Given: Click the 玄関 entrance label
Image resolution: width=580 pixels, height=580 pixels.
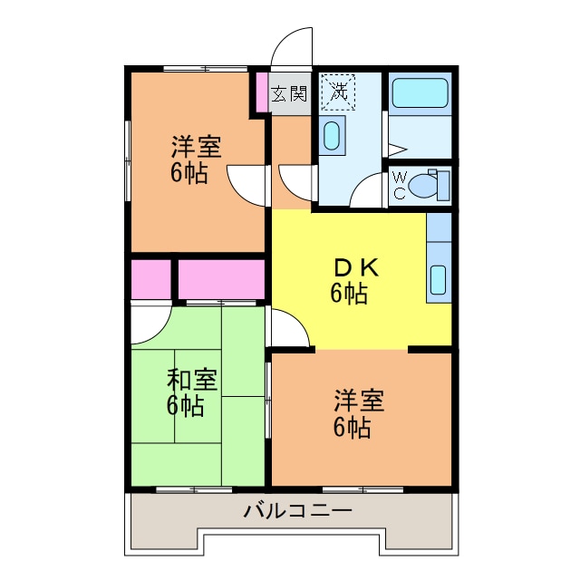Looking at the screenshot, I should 289,92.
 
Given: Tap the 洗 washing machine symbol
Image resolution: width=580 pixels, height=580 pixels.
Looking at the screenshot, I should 338,91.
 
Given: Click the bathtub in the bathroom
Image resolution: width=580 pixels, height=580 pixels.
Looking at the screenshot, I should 420,93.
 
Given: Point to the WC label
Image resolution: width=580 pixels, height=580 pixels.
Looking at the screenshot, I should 400,186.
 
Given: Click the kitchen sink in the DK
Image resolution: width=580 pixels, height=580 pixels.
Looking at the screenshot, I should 438,280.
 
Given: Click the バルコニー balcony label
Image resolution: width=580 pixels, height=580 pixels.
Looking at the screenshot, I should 297,512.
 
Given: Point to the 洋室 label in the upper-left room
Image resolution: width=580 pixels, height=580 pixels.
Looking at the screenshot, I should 197,146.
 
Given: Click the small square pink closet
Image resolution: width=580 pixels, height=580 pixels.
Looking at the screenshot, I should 150,280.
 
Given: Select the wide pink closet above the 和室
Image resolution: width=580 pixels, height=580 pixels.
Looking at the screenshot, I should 221,280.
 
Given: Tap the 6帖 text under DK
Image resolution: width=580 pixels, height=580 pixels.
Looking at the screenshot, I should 349,294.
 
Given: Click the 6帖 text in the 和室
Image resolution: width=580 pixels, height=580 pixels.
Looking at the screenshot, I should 185,406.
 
